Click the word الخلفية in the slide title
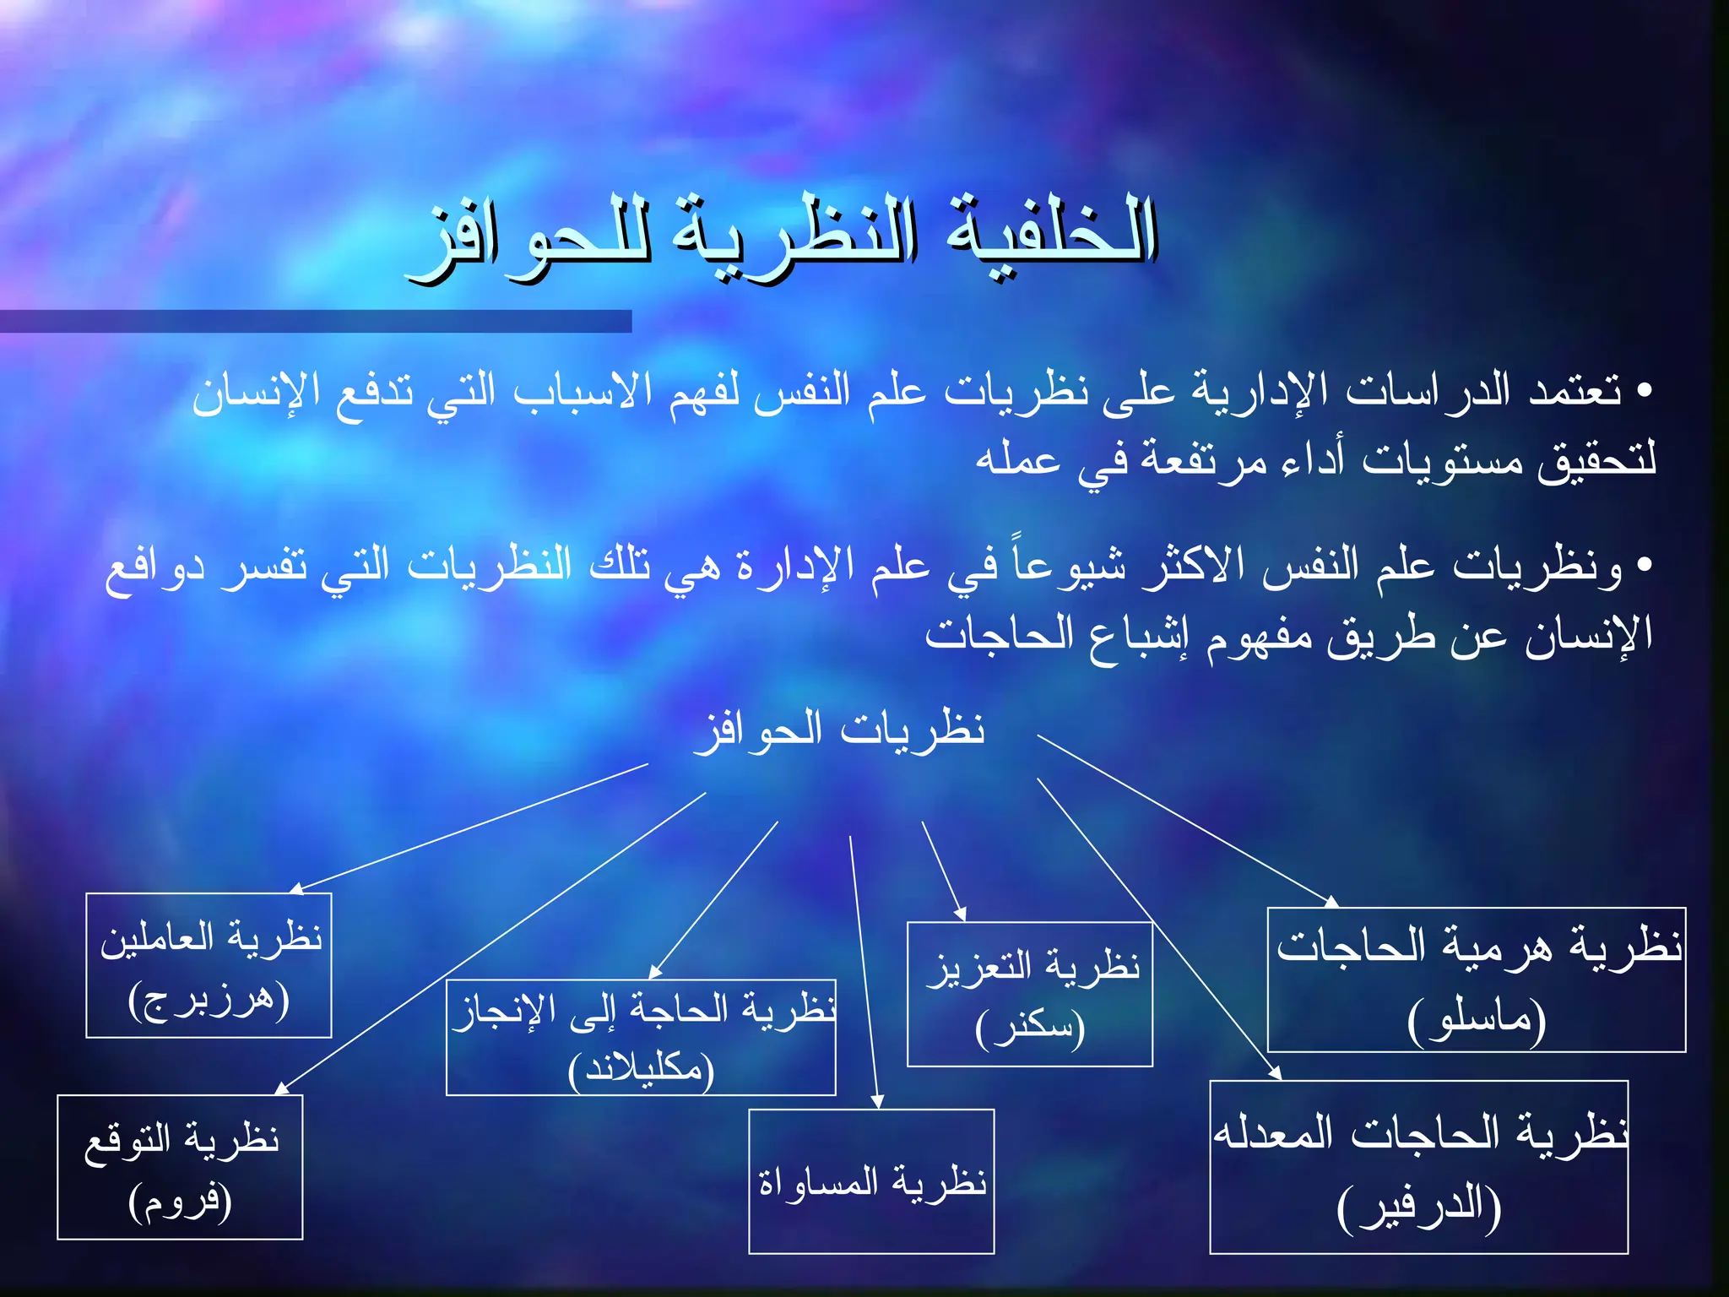[x=1051, y=232]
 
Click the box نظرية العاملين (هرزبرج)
[x=209, y=964]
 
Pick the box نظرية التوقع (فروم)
[x=180, y=1166]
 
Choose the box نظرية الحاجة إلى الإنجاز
[x=641, y=1037]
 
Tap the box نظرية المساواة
[x=871, y=1180]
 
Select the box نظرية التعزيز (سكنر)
[x=1029, y=994]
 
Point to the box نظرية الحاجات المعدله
[x=1418, y=1166]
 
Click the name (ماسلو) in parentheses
[x=1477, y=1020]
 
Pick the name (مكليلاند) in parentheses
[x=641, y=1069]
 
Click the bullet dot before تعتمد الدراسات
[x=1643, y=390]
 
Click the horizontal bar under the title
[x=316, y=321]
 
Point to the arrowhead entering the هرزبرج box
[x=295, y=888]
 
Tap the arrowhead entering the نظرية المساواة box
[x=878, y=1103]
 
